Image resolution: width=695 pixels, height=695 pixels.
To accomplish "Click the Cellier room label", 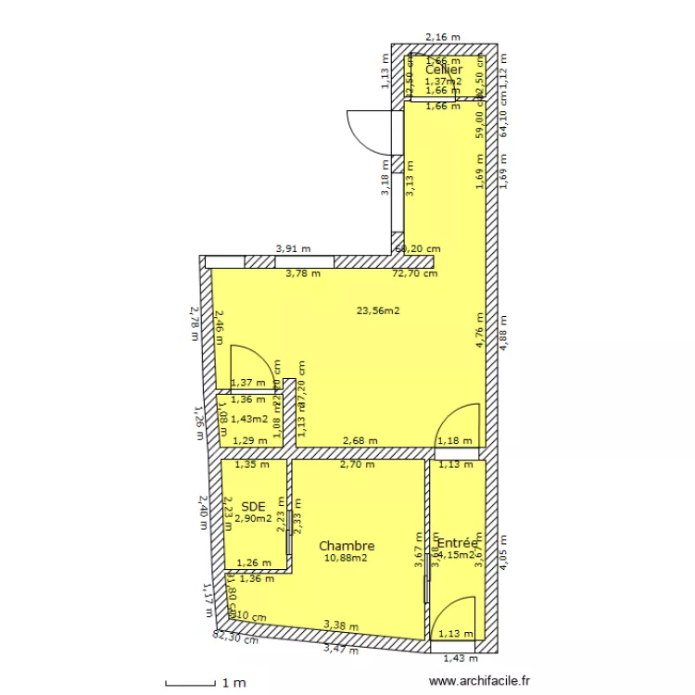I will tap(444, 69).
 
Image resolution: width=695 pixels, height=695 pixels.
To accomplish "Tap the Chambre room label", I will tap(347, 546).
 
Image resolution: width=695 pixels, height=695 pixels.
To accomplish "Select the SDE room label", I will tap(253, 506).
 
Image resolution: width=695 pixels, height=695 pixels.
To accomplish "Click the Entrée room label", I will tap(457, 543).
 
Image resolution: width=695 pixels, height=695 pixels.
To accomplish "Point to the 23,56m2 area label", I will tap(378, 310).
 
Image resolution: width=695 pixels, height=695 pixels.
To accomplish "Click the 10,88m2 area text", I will tap(346, 558).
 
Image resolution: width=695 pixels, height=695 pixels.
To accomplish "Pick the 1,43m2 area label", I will tap(249, 418).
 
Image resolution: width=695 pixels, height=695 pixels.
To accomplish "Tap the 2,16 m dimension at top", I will tap(442, 37).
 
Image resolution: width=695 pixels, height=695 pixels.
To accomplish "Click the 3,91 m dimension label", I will tap(293, 249).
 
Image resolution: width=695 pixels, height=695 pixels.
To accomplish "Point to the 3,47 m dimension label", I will tap(339, 650).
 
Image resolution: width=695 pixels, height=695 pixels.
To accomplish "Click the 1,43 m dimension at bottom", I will tap(460, 658).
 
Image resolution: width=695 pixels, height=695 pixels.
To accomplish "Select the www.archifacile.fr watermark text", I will tap(482, 682).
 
